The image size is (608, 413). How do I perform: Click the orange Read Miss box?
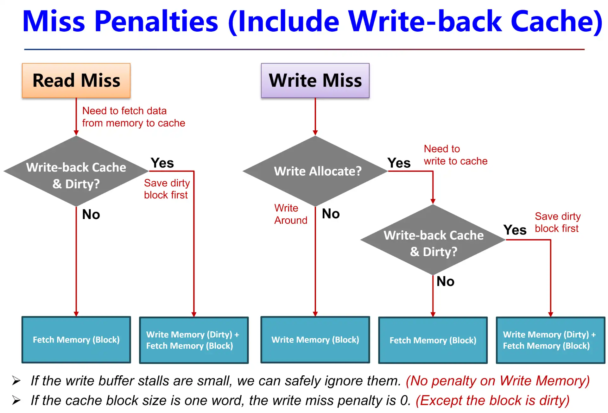point(76,80)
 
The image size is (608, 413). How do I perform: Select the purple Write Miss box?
point(315,80)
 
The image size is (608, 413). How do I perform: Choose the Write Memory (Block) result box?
point(315,340)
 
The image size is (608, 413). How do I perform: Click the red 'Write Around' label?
point(290,214)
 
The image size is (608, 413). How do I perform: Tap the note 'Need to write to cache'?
point(455,155)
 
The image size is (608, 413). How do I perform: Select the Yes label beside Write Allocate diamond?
point(399,163)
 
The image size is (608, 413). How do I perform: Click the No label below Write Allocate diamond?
point(331,214)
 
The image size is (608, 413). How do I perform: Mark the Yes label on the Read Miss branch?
point(162,163)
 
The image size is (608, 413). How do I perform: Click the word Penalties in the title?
point(156,22)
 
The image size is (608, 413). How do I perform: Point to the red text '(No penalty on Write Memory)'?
point(497,381)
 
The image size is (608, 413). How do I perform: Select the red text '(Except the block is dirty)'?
point(492,400)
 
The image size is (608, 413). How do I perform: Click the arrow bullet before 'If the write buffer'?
point(16,380)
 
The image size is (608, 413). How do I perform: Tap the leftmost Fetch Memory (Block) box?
point(76,340)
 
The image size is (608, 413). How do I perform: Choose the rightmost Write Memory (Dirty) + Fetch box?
point(550,340)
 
